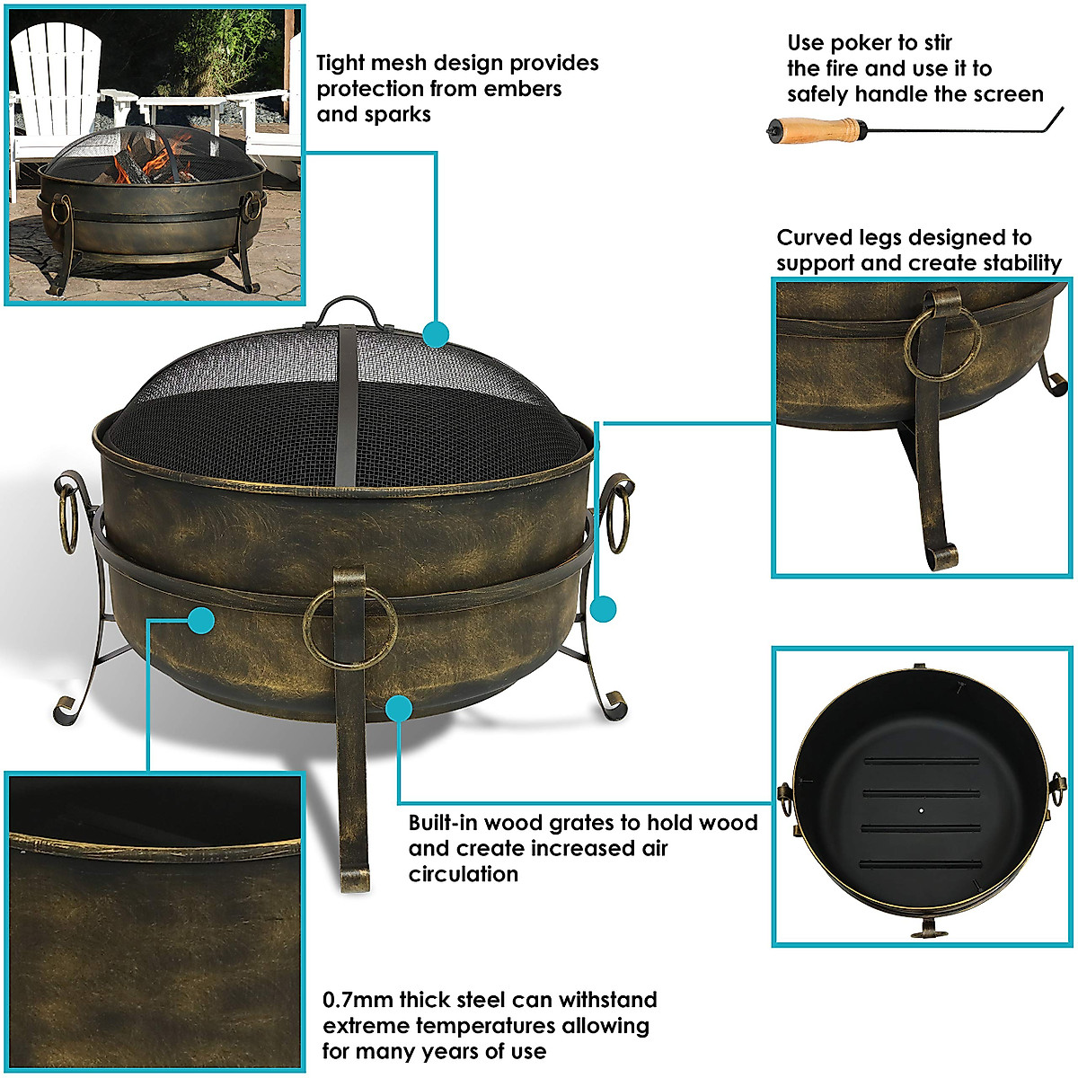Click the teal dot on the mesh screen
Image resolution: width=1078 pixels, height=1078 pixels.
436,334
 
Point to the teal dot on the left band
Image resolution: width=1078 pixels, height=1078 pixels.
201,619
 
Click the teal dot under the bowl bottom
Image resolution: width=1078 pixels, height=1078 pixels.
399,708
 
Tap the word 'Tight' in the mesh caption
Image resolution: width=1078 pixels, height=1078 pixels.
339,63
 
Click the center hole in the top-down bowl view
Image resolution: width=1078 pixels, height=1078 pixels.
923,808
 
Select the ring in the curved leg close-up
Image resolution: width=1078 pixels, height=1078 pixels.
941,346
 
